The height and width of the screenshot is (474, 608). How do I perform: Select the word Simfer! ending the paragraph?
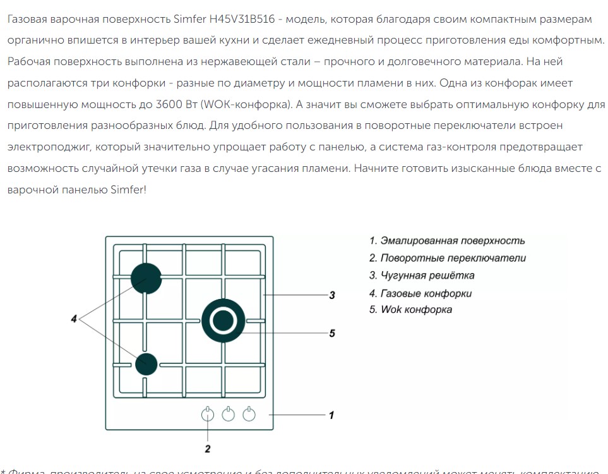[x=128, y=190]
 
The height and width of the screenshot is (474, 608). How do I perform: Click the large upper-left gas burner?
[x=146, y=278]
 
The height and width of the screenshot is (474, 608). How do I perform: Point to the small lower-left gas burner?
[x=146, y=363]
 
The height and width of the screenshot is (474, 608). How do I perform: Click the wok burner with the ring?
[x=223, y=321]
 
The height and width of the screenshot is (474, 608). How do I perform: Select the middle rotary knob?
[x=229, y=415]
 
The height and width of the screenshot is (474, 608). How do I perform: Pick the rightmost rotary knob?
[x=249, y=415]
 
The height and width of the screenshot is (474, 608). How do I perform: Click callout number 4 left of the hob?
[x=74, y=319]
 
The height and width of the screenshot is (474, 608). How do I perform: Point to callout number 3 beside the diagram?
[x=332, y=295]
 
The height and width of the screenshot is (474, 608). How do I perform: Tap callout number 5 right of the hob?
[x=332, y=333]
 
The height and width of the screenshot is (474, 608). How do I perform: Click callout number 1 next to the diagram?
[x=331, y=415]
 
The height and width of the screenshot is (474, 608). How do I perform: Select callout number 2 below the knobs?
[x=208, y=449]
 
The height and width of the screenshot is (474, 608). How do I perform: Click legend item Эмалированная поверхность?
[x=447, y=241]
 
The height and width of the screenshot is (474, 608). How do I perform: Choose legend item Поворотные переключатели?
[x=448, y=258]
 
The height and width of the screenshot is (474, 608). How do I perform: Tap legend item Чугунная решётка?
[x=422, y=276]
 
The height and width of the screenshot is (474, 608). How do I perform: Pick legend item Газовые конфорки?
[x=420, y=293]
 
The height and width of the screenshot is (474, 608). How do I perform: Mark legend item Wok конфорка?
[x=410, y=310]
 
